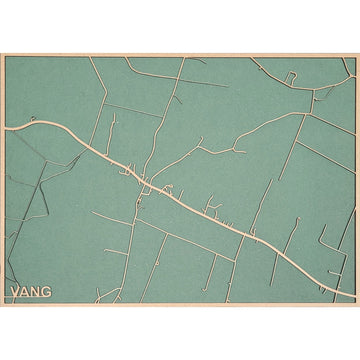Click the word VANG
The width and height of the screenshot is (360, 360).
pos(31,292)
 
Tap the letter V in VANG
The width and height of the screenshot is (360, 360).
pos(14,292)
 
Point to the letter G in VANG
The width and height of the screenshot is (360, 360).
pos(49,292)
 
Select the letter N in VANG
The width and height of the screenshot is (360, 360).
pos(37,292)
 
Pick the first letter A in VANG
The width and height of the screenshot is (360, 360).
pos(25,292)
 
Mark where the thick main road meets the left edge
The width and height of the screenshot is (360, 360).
pos(5,127)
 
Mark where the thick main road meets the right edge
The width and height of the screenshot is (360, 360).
pos(353,296)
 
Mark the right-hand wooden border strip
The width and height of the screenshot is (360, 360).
pos(356,180)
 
